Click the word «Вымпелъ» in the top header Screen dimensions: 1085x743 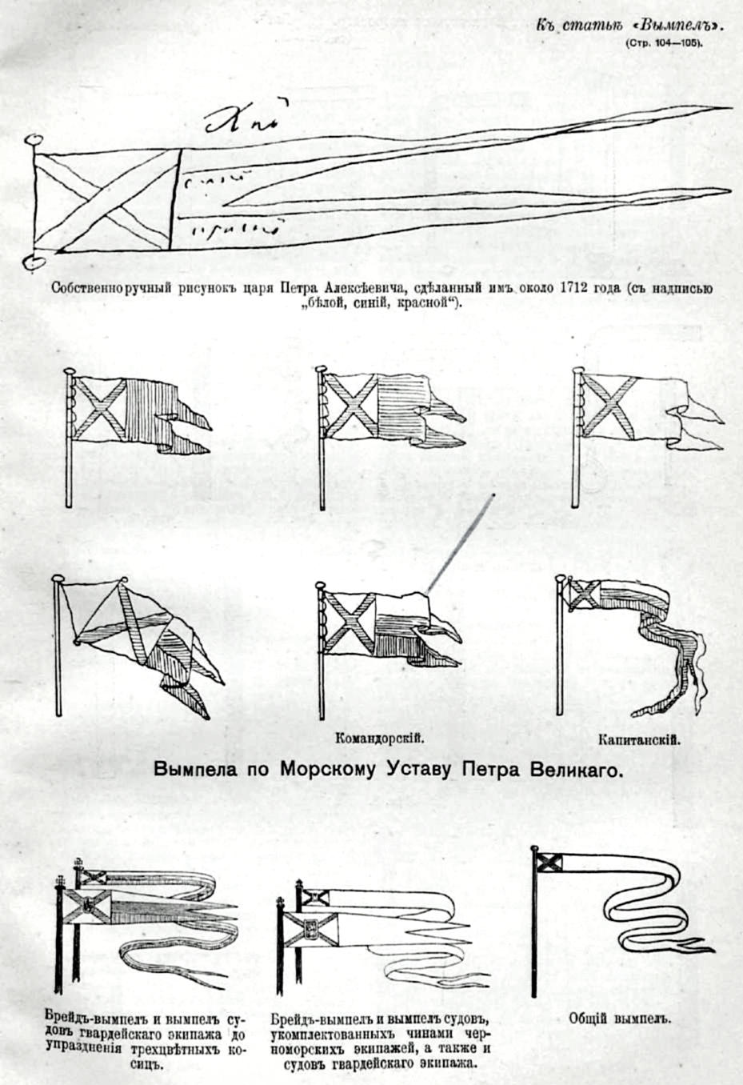[x=688, y=24]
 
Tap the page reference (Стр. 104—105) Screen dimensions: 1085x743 [x=665, y=43]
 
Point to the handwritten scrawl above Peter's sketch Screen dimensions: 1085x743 [x=241, y=120]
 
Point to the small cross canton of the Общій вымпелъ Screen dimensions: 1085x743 [x=549, y=862]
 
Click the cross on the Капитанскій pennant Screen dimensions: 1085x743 [x=582, y=594]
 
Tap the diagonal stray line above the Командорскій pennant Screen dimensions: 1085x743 [x=461, y=544]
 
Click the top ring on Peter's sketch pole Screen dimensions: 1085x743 [x=34, y=140]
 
